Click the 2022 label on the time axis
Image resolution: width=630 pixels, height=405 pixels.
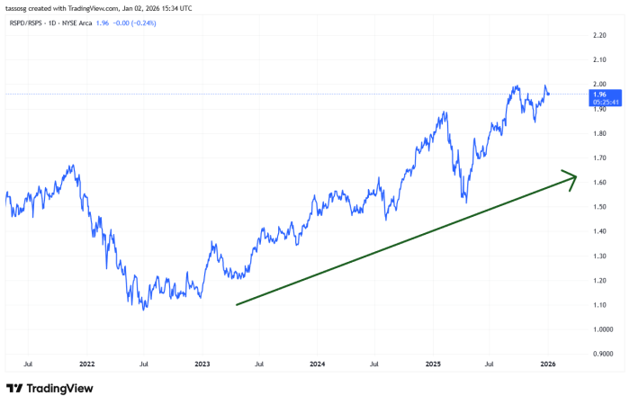(x=86, y=364)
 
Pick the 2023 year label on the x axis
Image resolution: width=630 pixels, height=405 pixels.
(x=202, y=364)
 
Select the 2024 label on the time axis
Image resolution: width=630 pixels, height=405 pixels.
(x=317, y=364)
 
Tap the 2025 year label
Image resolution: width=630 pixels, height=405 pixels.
(x=432, y=364)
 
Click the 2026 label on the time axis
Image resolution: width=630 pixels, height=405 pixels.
(x=547, y=364)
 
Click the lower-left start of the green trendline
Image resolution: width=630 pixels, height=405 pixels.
(x=237, y=304)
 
